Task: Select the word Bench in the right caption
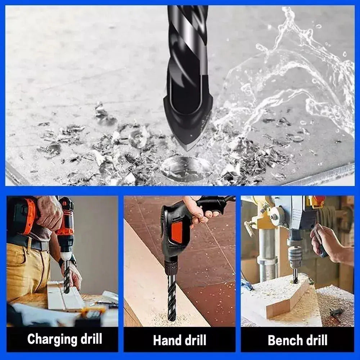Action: click(284, 340)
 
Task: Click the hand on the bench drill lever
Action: click(325, 243)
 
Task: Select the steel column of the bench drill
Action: click(266, 255)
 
